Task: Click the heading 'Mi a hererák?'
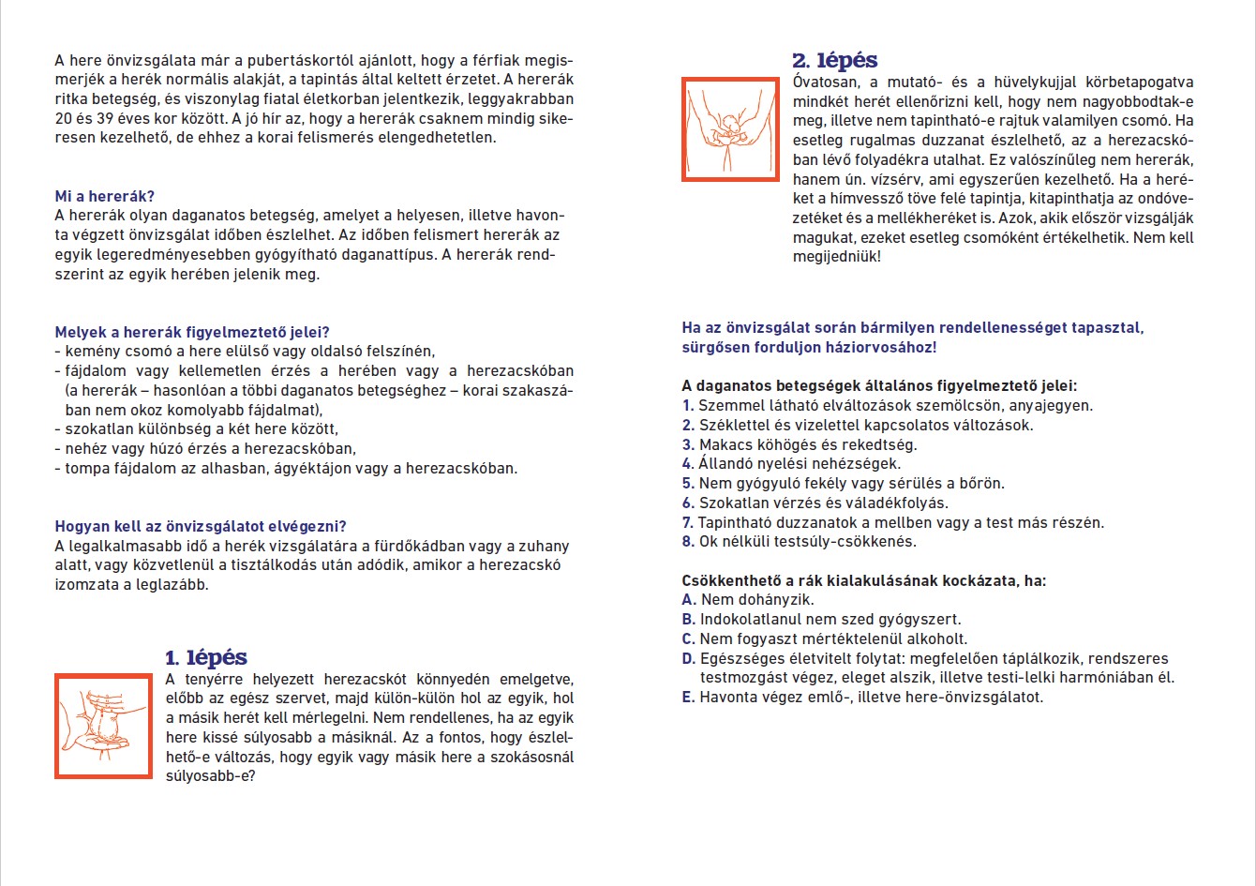pos(104,196)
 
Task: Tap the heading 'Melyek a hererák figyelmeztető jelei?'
pos(192,332)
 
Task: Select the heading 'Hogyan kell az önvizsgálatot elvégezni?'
pos(201,526)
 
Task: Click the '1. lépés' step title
pos(206,657)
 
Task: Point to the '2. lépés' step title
pos(835,61)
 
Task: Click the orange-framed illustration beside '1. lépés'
pos(103,726)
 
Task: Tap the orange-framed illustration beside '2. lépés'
pos(730,128)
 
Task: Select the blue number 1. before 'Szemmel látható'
pos(688,406)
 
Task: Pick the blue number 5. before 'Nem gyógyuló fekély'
pos(688,484)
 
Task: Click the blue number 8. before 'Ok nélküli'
pos(688,542)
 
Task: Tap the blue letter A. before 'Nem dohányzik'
pos(689,600)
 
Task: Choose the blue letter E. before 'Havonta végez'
pos(689,698)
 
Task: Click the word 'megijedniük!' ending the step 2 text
pos(836,257)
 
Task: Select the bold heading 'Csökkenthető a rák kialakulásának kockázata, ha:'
pos(864,580)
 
